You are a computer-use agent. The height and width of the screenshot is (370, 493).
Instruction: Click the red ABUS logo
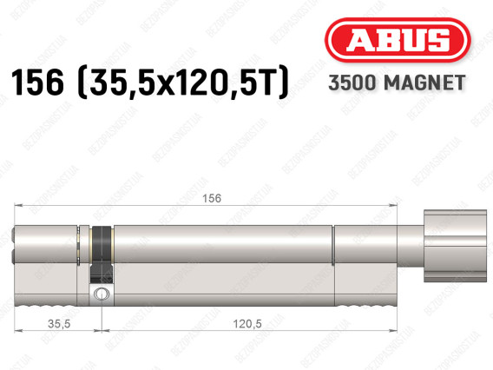398,40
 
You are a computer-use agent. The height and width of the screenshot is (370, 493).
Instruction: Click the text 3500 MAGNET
397,83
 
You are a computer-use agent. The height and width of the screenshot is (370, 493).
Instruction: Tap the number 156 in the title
37,83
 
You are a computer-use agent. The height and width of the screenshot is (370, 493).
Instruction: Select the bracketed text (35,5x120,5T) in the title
182,83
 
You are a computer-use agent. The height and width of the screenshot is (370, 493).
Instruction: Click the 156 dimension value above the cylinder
212,198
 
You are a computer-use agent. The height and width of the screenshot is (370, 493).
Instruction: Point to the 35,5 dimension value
59,323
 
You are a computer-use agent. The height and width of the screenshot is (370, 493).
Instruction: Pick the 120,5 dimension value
247,323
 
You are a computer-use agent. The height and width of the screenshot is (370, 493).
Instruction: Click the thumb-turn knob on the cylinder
455,246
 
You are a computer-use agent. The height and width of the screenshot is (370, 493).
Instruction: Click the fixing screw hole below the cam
102,294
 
